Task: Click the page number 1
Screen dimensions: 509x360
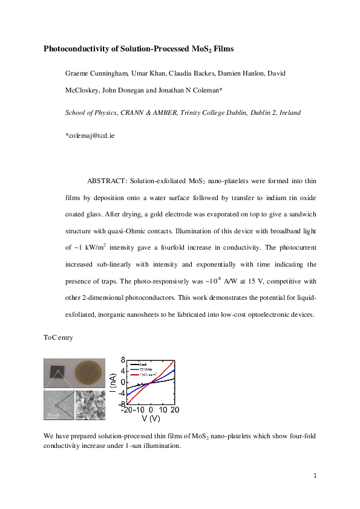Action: [x=315, y=476]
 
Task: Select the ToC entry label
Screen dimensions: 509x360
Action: [x=58, y=337]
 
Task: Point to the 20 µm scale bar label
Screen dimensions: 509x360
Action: [x=53, y=414]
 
